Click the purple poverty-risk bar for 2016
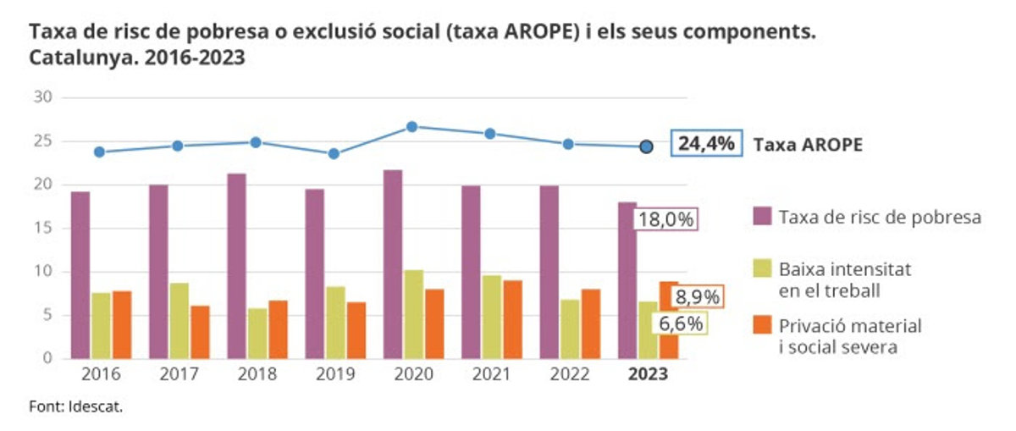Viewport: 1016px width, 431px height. click(80, 275)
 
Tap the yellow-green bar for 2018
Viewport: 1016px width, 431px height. click(257, 334)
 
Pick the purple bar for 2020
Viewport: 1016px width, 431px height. click(393, 264)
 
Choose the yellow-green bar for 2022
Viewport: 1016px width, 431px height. click(571, 329)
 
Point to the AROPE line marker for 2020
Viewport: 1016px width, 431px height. click(412, 127)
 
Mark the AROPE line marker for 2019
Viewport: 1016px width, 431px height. click(334, 154)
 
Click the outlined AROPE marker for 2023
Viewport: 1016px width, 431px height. click(646, 147)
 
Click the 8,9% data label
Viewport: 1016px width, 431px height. click(697, 297)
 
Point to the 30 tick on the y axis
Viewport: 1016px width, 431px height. click(44, 97)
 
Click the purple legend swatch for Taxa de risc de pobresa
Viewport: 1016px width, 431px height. click(762, 218)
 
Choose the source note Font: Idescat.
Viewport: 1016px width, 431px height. click(76, 406)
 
